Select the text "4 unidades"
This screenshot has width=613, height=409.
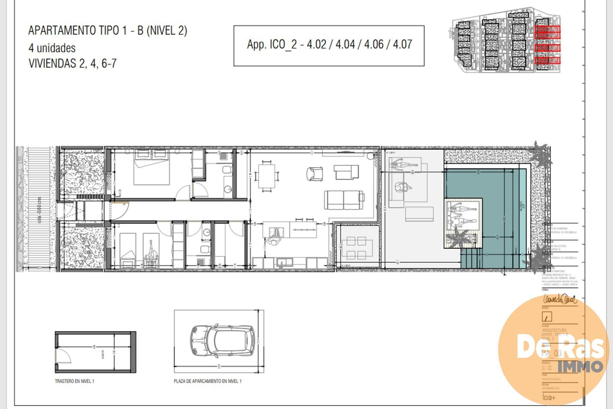tap(52, 48)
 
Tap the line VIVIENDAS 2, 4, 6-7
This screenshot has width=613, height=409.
tap(72, 63)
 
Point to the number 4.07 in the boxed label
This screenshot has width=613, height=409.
tap(402, 45)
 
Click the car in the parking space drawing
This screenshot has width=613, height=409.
tap(223, 341)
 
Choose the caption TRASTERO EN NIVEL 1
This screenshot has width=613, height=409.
tap(74, 381)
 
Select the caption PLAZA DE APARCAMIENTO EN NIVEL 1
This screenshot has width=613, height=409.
tap(207, 381)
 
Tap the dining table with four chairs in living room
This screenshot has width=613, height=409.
tap(267, 176)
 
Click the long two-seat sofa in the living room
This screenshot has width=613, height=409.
tap(344, 200)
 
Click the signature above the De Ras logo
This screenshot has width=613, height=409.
tap(560, 299)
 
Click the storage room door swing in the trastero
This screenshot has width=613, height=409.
tap(63, 355)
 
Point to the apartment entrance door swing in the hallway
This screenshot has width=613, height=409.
tap(119, 210)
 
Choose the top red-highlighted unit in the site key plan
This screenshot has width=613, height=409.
tap(547, 29)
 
